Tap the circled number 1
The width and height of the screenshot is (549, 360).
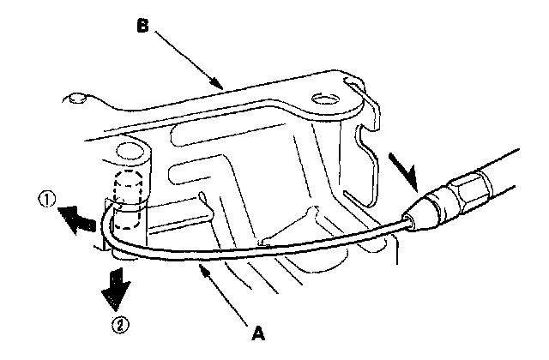[47, 202]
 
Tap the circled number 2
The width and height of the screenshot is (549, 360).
[122, 325]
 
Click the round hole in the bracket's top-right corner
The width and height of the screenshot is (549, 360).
[323, 101]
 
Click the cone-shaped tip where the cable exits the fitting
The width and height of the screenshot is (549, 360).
[415, 218]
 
